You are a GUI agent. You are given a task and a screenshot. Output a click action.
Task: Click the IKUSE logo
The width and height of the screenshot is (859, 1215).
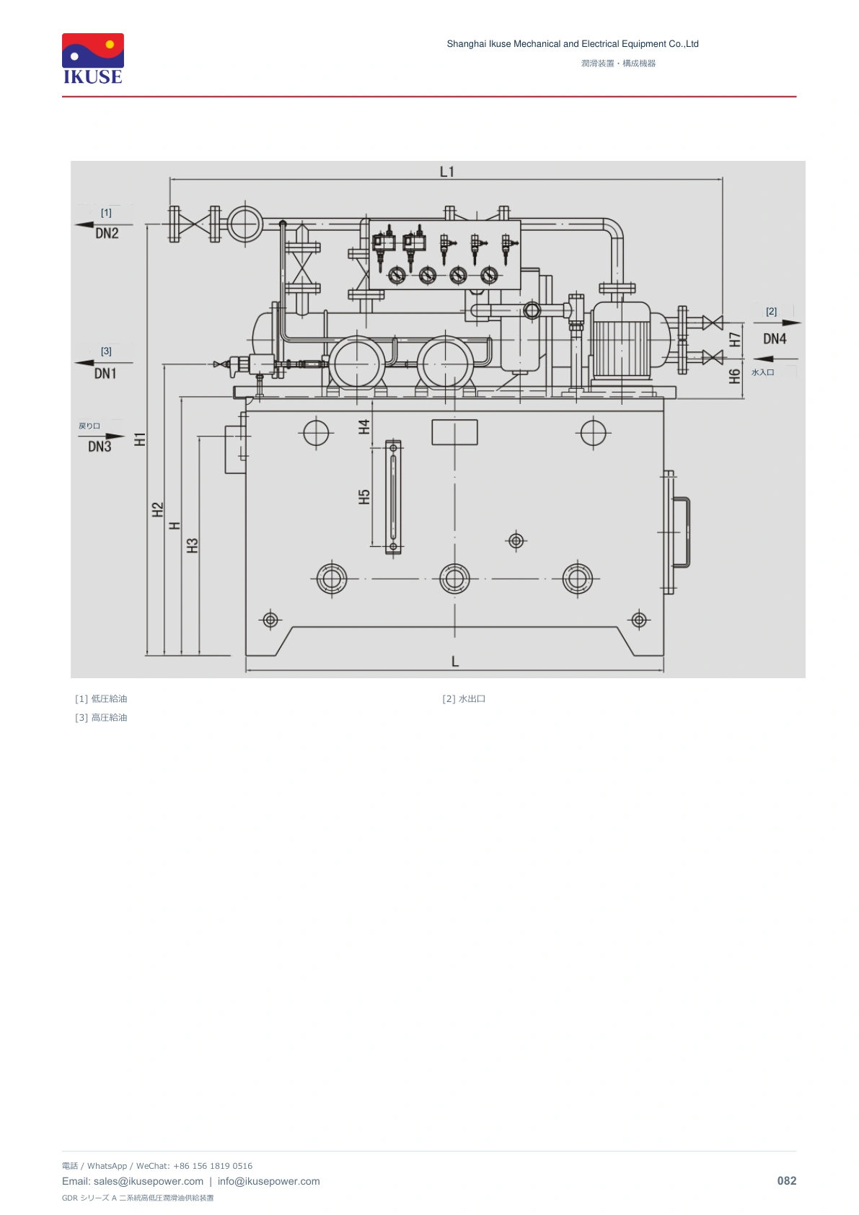tap(93, 58)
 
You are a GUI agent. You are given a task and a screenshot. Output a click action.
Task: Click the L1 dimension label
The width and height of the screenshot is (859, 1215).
tap(446, 172)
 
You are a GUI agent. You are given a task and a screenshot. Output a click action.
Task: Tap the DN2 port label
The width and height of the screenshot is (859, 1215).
tap(107, 233)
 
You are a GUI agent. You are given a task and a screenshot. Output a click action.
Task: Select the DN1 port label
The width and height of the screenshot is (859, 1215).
tap(105, 373)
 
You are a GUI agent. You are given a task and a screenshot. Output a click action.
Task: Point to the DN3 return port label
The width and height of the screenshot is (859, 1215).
tap(100, 447)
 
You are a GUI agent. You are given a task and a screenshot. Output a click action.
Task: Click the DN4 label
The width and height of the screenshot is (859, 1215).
tap(775, 339)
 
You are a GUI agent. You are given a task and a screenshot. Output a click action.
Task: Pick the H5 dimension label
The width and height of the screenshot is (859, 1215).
tap(364, 497)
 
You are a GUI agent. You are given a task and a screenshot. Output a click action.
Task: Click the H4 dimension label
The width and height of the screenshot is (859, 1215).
tap(364, 427)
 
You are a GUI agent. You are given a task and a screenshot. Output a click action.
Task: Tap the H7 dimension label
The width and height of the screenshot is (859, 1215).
tap(735, 340)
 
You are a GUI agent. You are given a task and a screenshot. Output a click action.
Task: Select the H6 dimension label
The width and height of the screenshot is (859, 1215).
tap(735, 376)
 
